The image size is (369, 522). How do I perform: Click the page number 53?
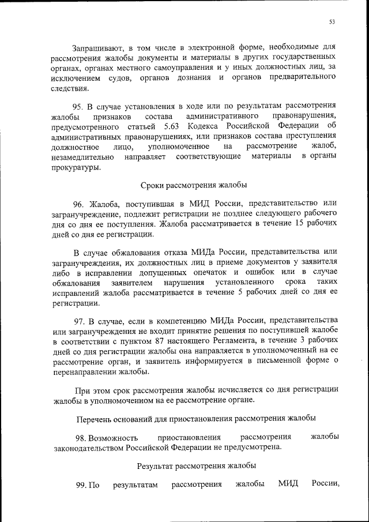[332, 22]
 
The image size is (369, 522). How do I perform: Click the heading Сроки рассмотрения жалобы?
[194, 185]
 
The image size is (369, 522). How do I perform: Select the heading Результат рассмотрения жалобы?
[197, 465]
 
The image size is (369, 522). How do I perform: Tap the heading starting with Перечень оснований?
[196, 418]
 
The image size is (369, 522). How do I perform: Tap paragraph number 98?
[81, 437]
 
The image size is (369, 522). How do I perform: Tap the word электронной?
[210, 47]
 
